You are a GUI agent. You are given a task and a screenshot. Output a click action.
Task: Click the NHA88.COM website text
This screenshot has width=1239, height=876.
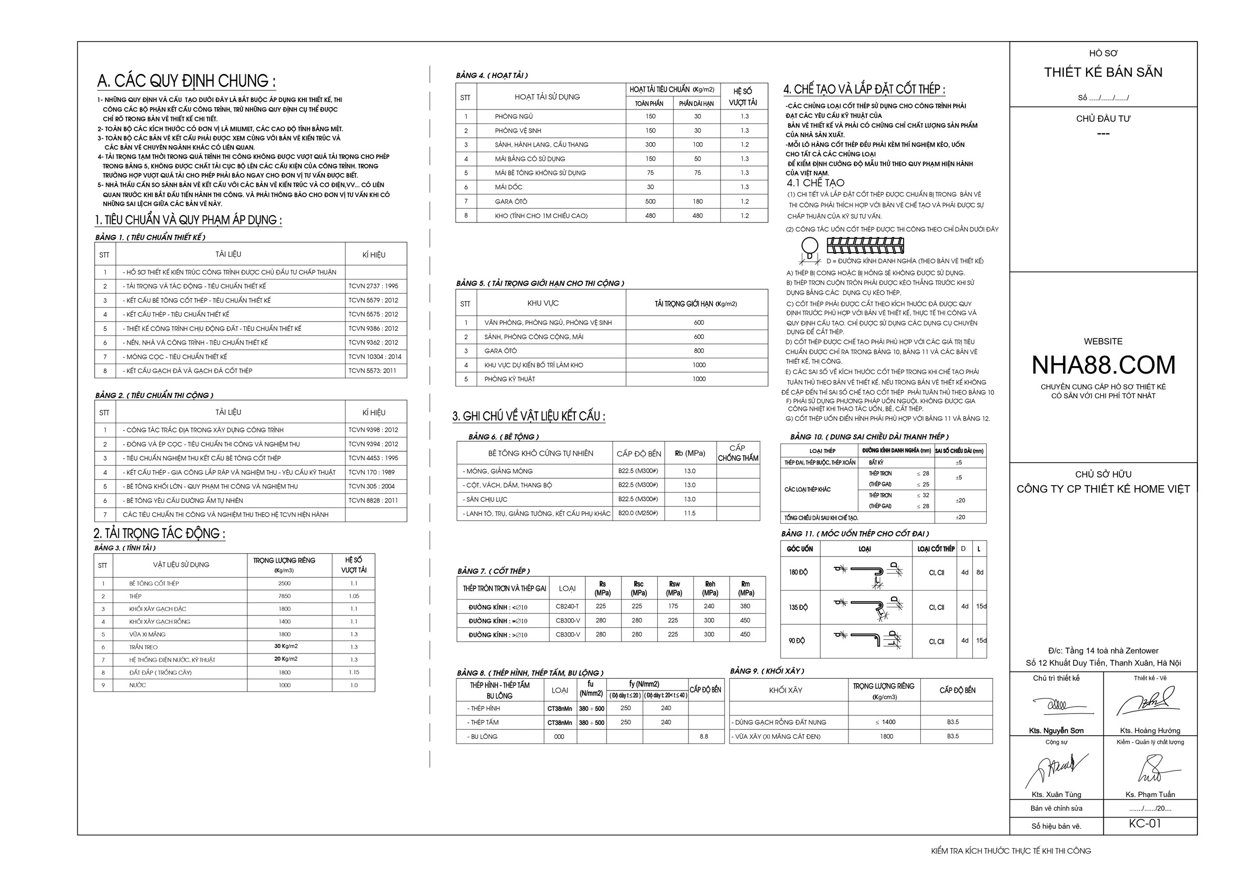pyautogui.click(x=1103, y=366)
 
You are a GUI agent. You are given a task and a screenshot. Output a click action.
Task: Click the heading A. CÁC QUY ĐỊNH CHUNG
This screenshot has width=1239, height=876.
pyautogui.click(x=186, y=81)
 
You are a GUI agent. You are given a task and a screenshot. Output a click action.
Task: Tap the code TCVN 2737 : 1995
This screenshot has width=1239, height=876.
pyautogui.click(x=373, y=286)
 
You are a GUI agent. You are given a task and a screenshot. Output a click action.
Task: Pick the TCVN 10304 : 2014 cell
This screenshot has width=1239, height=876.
pyautogui.click(x=375, y=357)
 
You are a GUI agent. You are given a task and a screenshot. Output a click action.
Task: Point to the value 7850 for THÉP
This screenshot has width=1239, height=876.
pyautogui.click(x=284, y=596)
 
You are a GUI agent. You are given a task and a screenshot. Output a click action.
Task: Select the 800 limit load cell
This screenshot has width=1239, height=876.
pyautogui.click(x=698, y=351)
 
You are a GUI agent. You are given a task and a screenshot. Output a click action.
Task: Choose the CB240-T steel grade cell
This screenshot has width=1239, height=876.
pyautogui.click(x=567, y=606)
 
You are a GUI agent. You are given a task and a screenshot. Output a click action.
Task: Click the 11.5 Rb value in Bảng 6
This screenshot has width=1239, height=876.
pyautogui.click(x=690, y=513)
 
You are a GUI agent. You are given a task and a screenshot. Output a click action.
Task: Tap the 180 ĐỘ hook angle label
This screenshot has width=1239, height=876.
pyautogui.click(x=798, y=572)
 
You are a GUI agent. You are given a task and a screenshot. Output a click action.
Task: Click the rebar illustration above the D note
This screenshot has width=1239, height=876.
pyautogui.click(x=865, y=246)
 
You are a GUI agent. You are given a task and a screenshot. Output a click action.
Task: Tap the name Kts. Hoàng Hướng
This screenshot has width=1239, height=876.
pyautogui.click(x=1150, y=731)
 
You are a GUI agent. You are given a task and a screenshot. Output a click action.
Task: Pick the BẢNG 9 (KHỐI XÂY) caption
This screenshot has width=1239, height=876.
pyautogui.click(x=767, y=671)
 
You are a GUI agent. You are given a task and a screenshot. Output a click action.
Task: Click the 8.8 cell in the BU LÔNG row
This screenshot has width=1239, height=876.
pyautogui.click(x=704, y=736)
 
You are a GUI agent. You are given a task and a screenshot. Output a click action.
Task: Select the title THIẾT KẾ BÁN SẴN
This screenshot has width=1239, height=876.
pyautogui.click(x=1103, y=72)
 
